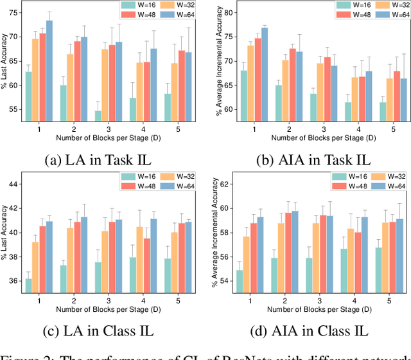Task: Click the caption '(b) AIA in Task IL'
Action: pos(304,158)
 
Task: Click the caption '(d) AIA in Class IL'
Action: pos(304,331)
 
